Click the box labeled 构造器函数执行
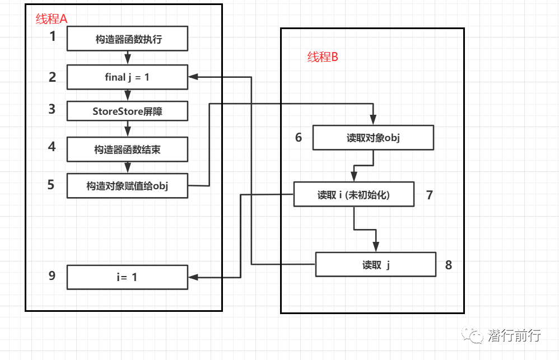coord(127,40)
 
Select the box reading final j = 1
coord(127,77)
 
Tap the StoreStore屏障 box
coord(127,111)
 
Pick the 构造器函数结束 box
coord(127,149)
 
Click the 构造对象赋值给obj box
coord(127,186)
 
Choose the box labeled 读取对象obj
coord(373,138)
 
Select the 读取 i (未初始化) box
coord(353,195)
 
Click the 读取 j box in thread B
coord(375,265)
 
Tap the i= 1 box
coord(127,277)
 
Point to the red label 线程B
coord(323,57)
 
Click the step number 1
coord(53,37)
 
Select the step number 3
coord(52,109)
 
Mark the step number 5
coord(51,184)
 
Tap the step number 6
coord(299,137)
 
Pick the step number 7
coord(430,195)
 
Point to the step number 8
coord(449,265)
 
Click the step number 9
coord(52,275)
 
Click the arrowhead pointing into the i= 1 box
coord(193,277)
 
